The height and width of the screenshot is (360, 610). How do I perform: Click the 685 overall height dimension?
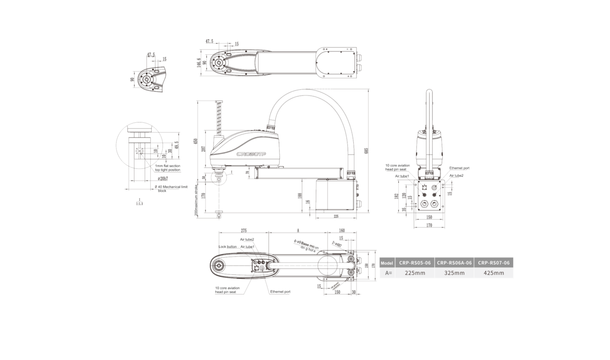367,151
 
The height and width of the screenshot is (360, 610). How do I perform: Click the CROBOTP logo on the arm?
251,154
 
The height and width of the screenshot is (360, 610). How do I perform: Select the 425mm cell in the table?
494,273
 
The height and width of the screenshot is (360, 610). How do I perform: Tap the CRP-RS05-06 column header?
415,263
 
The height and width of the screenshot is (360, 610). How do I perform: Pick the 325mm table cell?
454,273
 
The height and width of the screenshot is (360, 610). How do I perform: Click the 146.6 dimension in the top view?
199,63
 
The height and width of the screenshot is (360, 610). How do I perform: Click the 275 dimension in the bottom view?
243,231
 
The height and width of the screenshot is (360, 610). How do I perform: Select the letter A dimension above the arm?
298,231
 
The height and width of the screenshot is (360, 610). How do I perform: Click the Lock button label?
227,247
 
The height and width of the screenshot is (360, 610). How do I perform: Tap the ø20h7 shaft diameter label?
163,179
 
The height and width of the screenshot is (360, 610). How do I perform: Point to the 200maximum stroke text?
196,200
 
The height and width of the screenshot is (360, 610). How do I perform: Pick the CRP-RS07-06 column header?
494,263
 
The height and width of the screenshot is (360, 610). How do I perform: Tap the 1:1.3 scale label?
140,204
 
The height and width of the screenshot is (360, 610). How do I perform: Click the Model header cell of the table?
387,263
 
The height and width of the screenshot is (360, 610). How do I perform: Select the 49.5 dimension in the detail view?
177,145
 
